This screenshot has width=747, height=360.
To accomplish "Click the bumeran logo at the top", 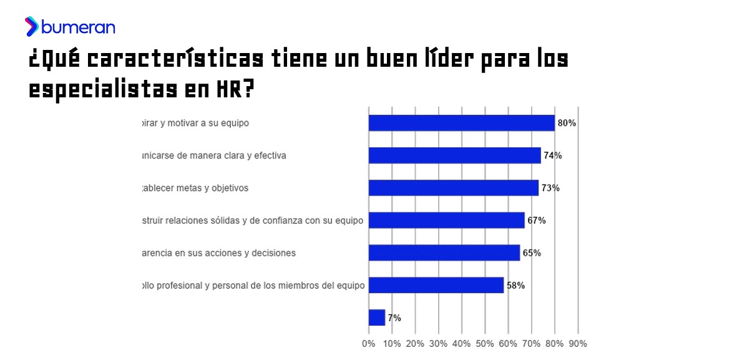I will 70,27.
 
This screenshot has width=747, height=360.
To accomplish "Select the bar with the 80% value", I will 461,123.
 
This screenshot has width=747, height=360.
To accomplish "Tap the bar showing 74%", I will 454,155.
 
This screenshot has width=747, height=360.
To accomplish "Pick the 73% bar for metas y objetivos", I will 453,188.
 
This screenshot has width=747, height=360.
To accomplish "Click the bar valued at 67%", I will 446,220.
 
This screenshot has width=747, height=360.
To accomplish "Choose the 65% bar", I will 444,253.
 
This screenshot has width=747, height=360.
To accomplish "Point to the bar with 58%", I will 436,285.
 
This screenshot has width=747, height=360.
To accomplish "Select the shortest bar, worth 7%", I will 377,318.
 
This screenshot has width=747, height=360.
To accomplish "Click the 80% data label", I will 567,123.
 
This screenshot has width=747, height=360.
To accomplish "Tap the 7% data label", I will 394,318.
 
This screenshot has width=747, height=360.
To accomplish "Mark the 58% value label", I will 515,285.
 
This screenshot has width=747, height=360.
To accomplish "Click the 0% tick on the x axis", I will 369,343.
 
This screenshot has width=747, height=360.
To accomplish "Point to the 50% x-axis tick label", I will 485,343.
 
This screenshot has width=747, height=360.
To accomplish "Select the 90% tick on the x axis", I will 578,343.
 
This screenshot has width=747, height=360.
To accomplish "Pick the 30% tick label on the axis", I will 438,343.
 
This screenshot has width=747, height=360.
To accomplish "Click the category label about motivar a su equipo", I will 195,123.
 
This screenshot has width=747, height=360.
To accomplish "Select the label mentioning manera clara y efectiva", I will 214,155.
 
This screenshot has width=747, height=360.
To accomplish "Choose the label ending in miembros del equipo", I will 253,285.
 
